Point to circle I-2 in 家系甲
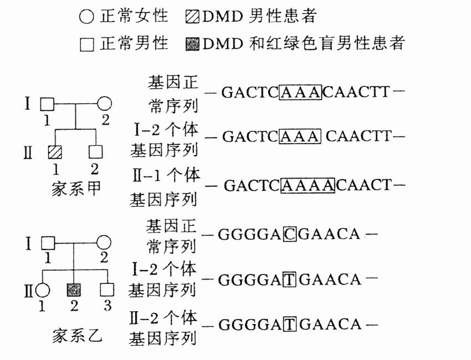click(x=105, y=103)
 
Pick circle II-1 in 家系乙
click(x=43, y=289)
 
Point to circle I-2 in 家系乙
click(x=105, y=243)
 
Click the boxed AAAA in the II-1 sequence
click(x=308, y=185)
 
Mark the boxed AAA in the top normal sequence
click(x=301, y=92)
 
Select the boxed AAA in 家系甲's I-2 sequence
click(x=301, y=136)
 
